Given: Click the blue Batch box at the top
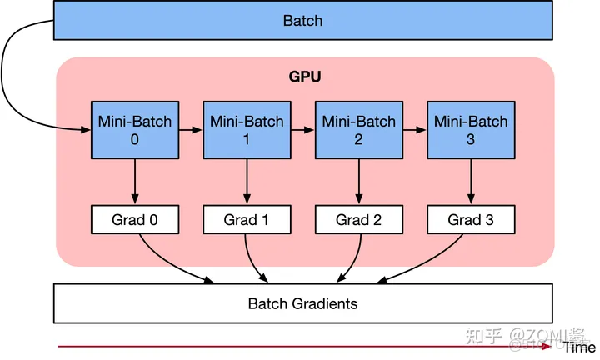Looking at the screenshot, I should (302, 21).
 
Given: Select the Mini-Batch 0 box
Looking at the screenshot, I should (134, 130).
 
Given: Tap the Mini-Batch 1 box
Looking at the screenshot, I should (247, 130).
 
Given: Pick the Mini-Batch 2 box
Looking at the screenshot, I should (358, 130).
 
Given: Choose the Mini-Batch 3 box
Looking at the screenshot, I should (471, 130).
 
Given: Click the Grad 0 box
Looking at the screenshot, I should (134, 220).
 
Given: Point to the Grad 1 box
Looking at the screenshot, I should (247, 220).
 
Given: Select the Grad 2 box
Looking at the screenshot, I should (358, 220).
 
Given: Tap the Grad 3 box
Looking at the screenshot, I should (471, 220).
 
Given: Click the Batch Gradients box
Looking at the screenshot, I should (302, 303).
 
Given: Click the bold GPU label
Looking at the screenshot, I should (305, 77).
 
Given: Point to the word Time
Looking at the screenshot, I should (580, 347).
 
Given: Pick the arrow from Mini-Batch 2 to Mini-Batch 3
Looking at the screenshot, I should (414, 130).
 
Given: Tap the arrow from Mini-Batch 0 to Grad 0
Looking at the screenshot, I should (134, 182).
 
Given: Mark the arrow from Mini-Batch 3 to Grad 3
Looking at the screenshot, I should (471, 182).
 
